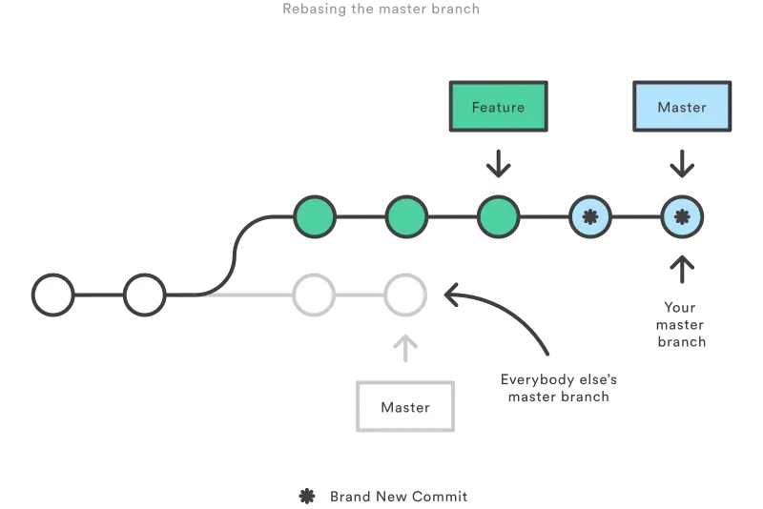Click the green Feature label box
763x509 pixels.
tap(498, 107)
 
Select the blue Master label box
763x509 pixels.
tap(682, 107)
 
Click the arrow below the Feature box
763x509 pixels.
tap(498, 164)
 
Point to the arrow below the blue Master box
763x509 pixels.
tap(682, 164)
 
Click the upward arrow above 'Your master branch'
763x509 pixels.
tap(682, 270)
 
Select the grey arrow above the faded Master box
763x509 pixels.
tap(405, 348)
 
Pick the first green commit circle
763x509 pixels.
tap(315, 216)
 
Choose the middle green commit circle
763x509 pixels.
tap(406, 216)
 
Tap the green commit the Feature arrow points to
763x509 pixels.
tap(498, 216)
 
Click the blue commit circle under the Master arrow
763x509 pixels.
tap(682, 216)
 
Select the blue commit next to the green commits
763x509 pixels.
tap(590, 216)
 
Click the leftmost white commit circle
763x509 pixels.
tap(53, 295)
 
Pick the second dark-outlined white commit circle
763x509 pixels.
tap(145, 295)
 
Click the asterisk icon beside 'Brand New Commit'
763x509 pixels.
tap(307, 497)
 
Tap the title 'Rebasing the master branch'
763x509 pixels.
tap(381, 9)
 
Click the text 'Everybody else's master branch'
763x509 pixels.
tap(559, 388)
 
